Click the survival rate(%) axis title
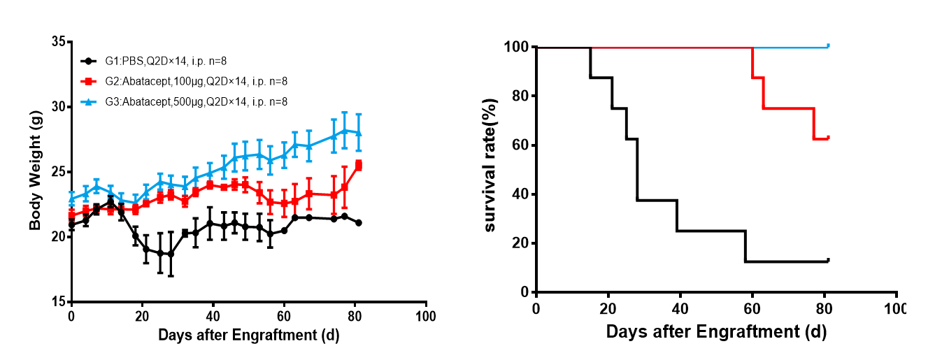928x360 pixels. pos(491,170)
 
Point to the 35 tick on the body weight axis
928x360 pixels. pos(58,42)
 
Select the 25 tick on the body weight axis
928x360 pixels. pos(58,172)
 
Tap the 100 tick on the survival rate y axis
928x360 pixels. pos(517,48)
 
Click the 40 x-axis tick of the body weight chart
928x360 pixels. pos(213,315)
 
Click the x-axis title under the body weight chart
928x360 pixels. pos(248,336)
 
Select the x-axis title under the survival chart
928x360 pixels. pos(716,331)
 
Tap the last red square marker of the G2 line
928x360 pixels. pos(359,166)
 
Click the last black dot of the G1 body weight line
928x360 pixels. pos(359,223)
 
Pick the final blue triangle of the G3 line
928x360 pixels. pos(359,133)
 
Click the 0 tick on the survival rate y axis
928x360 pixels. pos(524,292)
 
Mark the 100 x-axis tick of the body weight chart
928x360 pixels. pos(426,315)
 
